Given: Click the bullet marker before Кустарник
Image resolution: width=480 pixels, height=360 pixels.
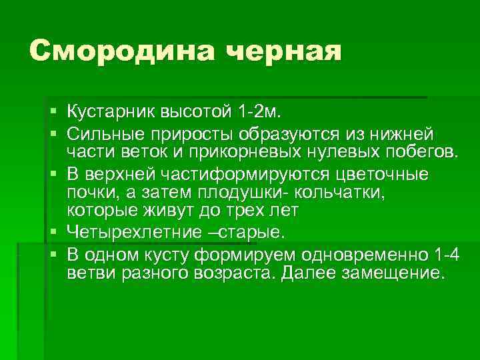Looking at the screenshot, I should coord(53,109).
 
